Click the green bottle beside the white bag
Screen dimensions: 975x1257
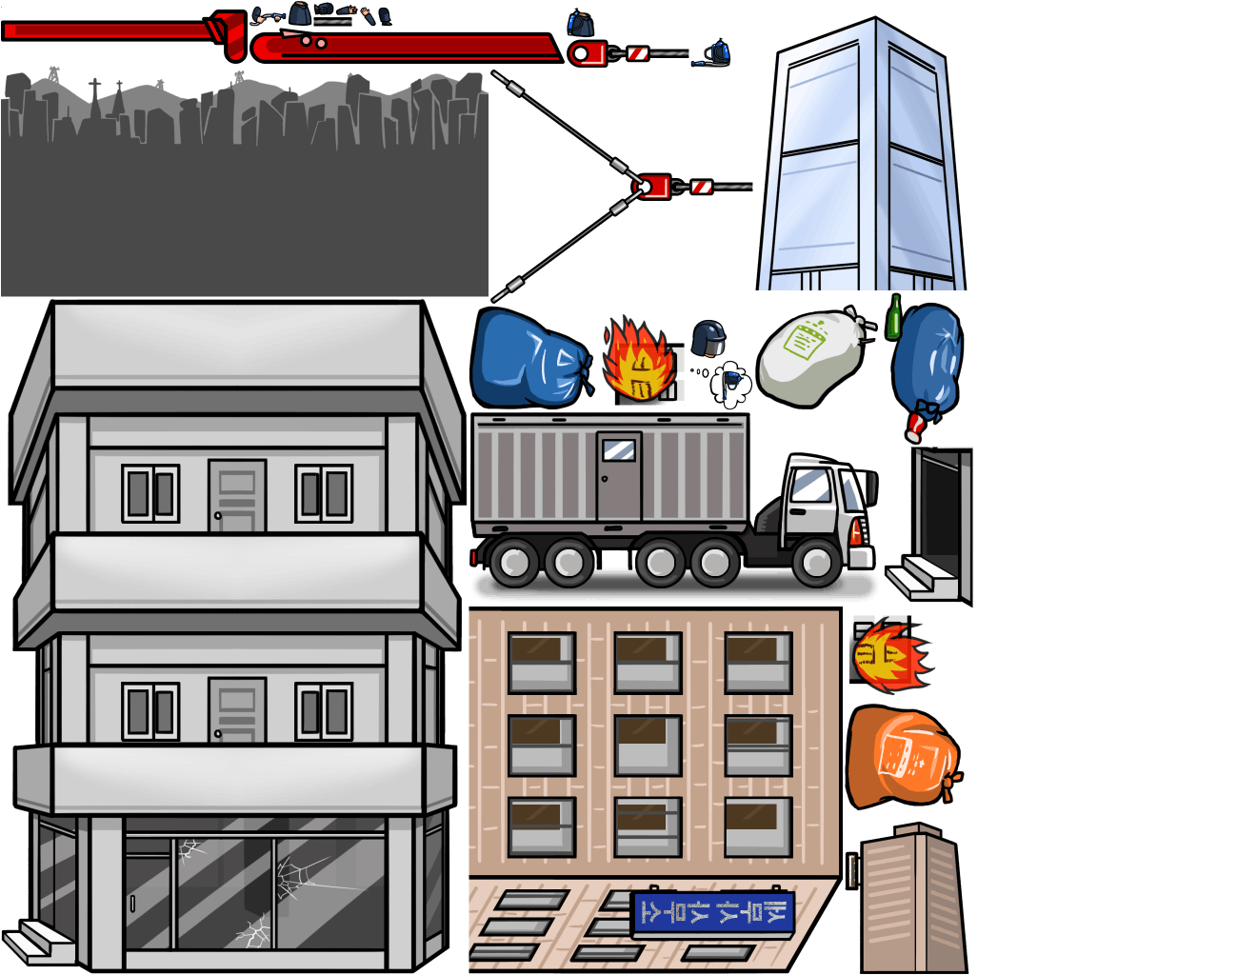click(893, 318)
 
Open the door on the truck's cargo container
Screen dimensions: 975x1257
click(619, 475)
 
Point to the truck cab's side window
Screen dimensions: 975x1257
click(811, 487)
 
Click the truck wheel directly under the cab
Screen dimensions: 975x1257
click(817, 562)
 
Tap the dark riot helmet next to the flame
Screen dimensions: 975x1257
click(708, 338)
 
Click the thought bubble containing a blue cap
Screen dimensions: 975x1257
click(731, 383)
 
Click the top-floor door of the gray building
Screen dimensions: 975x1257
click(237, 496)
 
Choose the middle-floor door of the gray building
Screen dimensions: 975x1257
click(237, 710)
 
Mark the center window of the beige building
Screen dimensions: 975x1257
click(648, 746)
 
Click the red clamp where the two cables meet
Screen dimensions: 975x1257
click(654, 186)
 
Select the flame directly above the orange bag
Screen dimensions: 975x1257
click(890, 656)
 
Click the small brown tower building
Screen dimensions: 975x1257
click(912, 899)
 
